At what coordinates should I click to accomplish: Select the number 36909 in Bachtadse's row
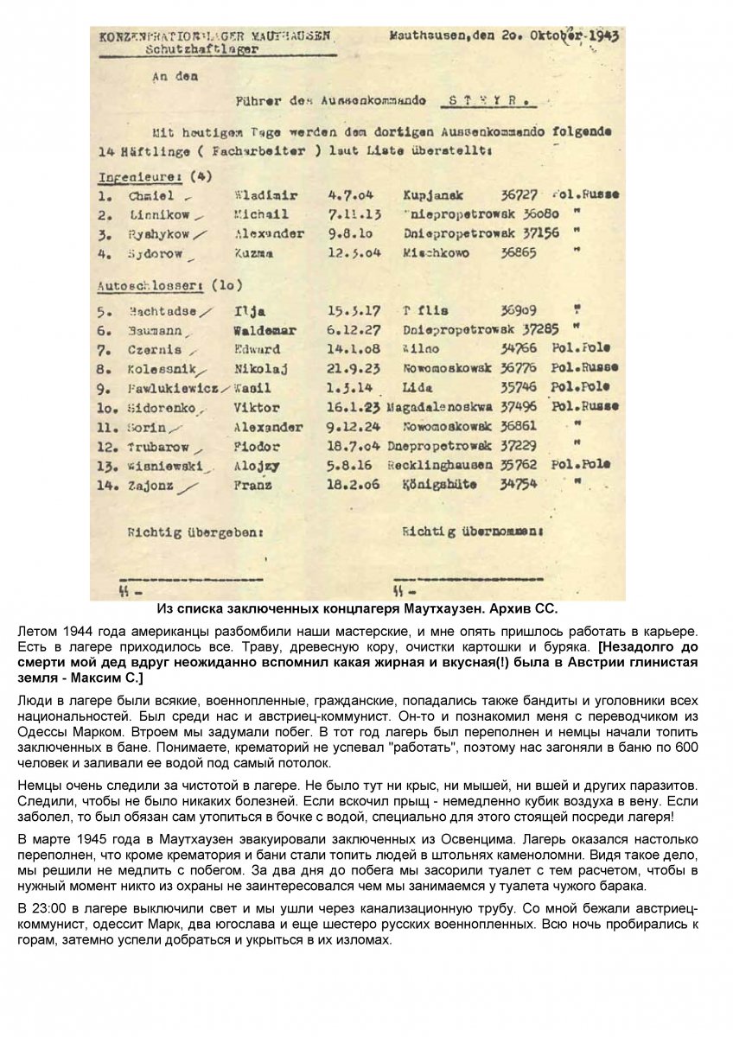[519, 309]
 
